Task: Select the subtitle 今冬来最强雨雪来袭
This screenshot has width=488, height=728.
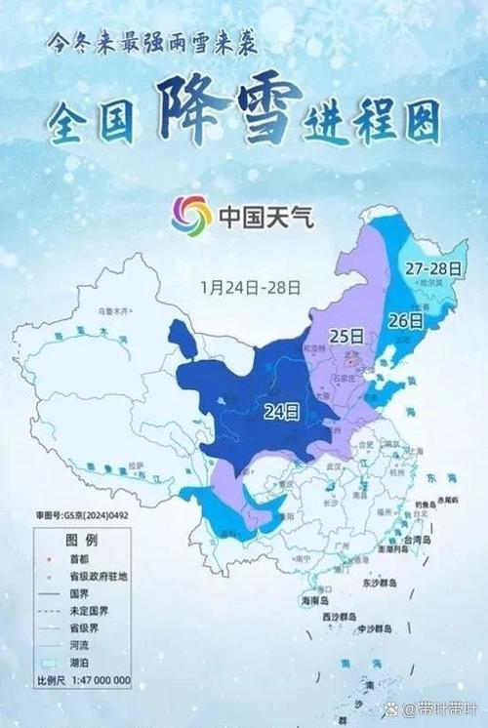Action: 153,43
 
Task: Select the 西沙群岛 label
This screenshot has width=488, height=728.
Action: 342,619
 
